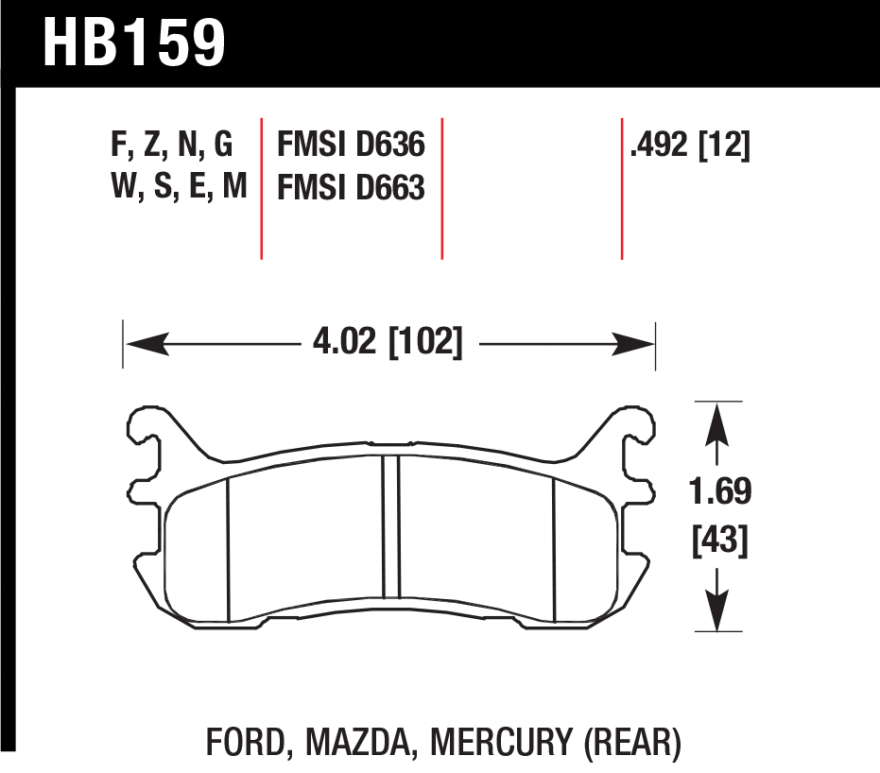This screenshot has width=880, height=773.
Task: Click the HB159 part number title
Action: click(134, 43)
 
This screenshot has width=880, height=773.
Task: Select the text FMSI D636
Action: click(351, 145)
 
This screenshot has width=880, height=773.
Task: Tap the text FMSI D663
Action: click(351, 187)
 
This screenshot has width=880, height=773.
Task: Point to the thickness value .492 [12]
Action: click(690, 146)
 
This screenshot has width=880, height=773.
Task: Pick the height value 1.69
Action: click(720, 491)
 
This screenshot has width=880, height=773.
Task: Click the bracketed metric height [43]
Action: click(720, 541)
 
